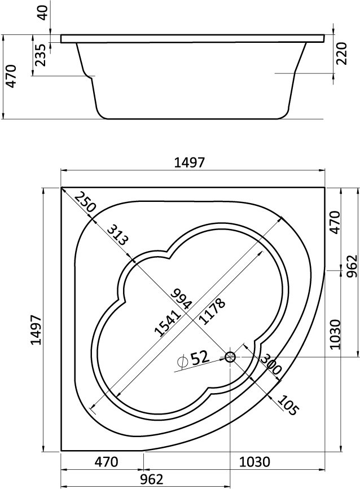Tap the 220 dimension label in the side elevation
[340, 54]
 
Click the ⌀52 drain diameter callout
[192, 359]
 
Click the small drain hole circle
[230, 356]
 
